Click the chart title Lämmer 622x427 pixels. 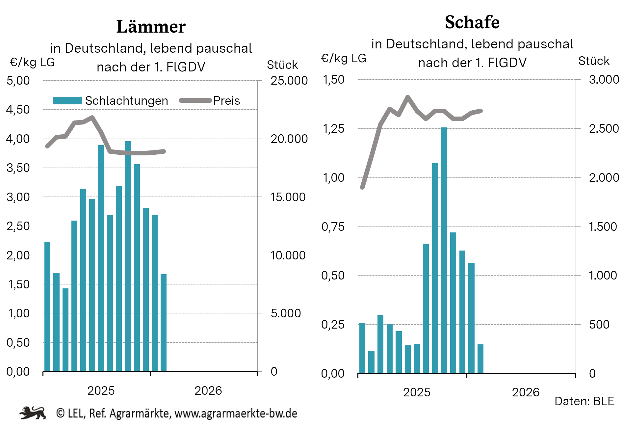151,27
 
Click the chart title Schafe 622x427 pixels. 472,22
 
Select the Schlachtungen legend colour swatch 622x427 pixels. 67,100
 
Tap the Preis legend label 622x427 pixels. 226,101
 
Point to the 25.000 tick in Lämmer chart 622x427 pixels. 289,81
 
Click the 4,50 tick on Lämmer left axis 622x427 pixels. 18,110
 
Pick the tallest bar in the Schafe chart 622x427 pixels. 444,250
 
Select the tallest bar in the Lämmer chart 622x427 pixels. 128,257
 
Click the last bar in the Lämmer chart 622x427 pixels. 164,323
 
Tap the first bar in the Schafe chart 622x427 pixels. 362,348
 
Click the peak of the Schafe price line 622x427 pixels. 408,97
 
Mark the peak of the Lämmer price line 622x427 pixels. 92,117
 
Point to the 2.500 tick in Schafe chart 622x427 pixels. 604,129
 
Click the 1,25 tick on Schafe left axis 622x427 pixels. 333,129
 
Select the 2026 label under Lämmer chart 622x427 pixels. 208,391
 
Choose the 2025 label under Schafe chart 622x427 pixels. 417,392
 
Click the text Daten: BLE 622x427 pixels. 584,401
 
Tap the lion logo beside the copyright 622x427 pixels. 33,413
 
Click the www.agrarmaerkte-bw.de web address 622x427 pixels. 236,414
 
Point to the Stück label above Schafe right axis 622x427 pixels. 594,61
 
